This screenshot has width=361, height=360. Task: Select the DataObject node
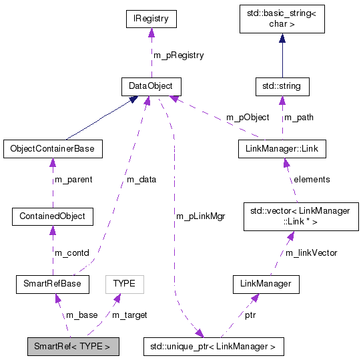(151, 85)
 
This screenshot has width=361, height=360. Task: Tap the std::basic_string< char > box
(282, 19)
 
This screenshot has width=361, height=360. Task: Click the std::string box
(282, 85)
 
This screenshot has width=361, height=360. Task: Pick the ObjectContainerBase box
(52, 148)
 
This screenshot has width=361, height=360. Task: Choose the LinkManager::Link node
(282, 148)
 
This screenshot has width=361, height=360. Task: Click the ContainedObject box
(52, 216)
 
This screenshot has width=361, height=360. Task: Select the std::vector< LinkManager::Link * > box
(301, 216)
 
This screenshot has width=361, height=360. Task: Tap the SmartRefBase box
(52, 284)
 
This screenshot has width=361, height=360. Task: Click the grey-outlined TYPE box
(124, 284)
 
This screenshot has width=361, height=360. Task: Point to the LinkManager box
(266, 284)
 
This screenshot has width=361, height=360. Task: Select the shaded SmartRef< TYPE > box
(73, 347)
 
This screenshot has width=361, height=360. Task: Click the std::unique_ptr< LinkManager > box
(213, 347)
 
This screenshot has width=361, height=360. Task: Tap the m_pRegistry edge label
(179, 55)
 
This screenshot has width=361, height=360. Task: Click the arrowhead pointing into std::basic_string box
(282, 39)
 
